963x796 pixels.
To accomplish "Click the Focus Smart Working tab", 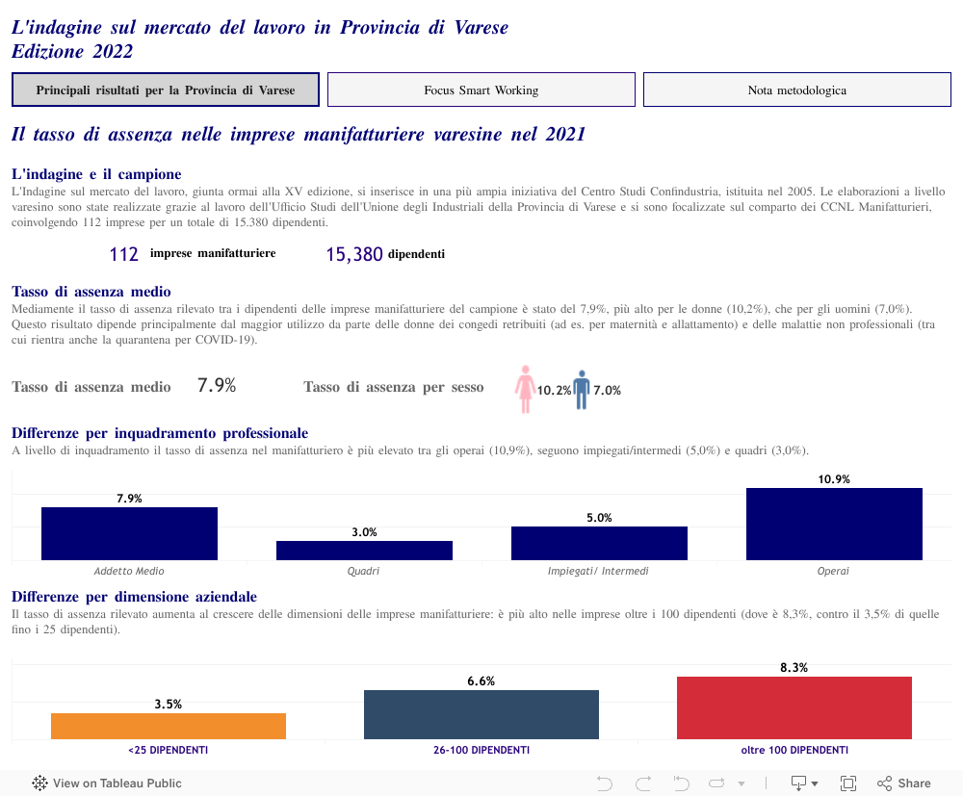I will pos(481,90).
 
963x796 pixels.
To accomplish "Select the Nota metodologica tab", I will pos(796,90).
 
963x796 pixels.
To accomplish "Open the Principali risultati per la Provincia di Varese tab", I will pos(166,90).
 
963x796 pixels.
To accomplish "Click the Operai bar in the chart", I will pos(834,524).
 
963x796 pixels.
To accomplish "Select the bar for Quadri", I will pos(364,551).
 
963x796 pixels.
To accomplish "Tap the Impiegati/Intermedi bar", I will pos(599,543).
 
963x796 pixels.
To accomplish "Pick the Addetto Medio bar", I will pos(129,533).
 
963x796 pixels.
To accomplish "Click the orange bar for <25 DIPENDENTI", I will pos(169,726).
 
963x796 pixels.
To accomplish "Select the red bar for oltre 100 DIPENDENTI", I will pos(794,707).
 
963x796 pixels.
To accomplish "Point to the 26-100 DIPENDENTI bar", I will pos(481,714).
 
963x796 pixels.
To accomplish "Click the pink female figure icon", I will pos(525,388).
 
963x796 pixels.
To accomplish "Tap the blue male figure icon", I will pos(581,389).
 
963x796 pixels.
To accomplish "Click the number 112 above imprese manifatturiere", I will pos(124,254).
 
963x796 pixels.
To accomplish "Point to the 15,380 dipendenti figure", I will pos(354,254).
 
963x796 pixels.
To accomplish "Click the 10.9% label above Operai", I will pos(834,479).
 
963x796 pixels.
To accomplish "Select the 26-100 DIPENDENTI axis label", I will pos(481,750).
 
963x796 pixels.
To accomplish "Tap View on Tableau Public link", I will pos(107,783).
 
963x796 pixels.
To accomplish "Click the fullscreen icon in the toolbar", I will pos(848,783).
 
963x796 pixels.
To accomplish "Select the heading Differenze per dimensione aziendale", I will pos(134,597).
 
